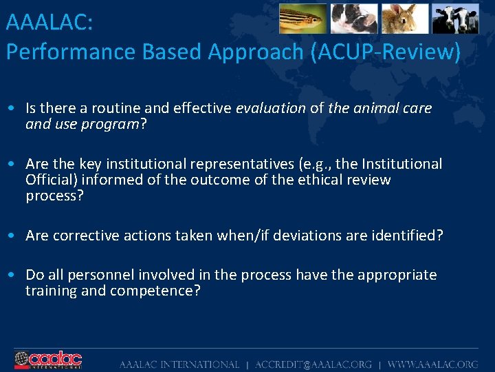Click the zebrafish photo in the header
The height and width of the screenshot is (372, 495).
coord(303,19)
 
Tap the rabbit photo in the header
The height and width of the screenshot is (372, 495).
coord(405,19)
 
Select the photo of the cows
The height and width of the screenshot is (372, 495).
coord(455,19)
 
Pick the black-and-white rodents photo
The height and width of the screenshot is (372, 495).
coord(354,19)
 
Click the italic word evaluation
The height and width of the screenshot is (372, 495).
coord(270,108)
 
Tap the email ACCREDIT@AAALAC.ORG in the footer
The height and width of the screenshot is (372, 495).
coord(313,364)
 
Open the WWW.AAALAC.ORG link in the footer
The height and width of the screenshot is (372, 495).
coord(432,364)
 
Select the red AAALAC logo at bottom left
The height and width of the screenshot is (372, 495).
coord(48,360)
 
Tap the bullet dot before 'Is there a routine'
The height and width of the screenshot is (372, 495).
coord(12,109)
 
